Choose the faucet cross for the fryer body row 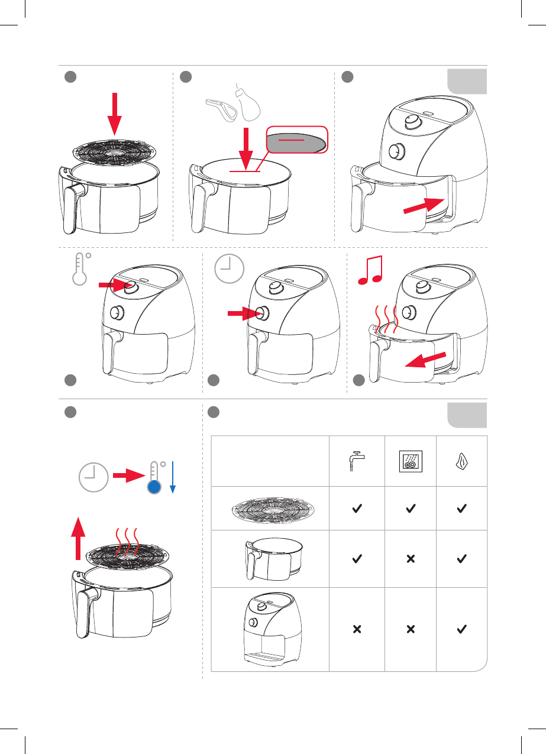[357, 630]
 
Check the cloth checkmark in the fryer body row [462, 630]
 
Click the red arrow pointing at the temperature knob [114, 285]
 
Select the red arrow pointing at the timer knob [244, 315]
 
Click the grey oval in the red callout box [295, 142]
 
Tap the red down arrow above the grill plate [115, 114]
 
